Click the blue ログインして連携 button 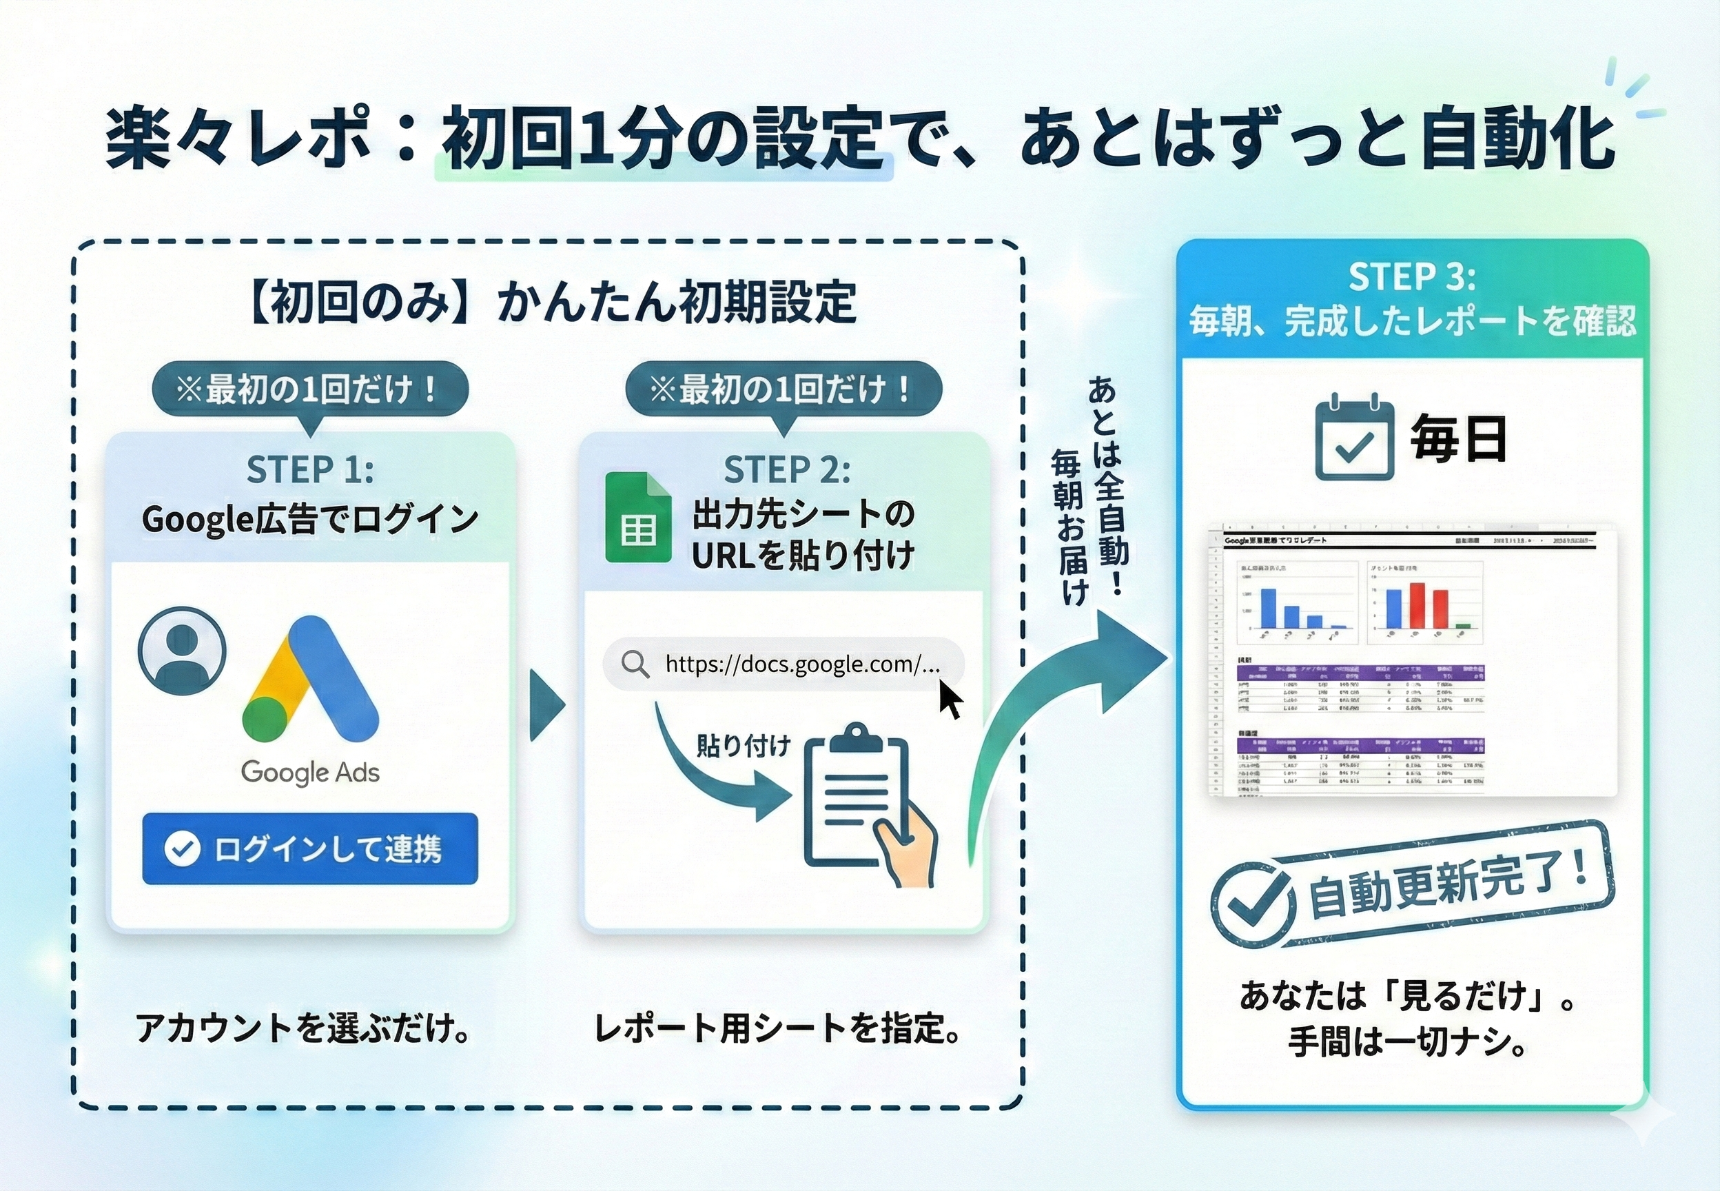[x=309, y=848]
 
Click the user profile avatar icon [x=182, y=651]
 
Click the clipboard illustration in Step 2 [x=858, y=802]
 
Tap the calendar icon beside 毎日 [x=1354, y=440]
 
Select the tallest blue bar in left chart [x=1268, y=608]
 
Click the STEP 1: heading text [x=310, y=469]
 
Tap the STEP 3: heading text [x=1412, y=277]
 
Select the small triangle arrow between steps [x=546, y=705]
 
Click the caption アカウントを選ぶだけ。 [x=304, y=1028]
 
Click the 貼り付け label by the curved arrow [x=742, y=746]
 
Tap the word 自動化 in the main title [x=1518, y=139]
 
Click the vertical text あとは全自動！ [x=1109, y=485]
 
